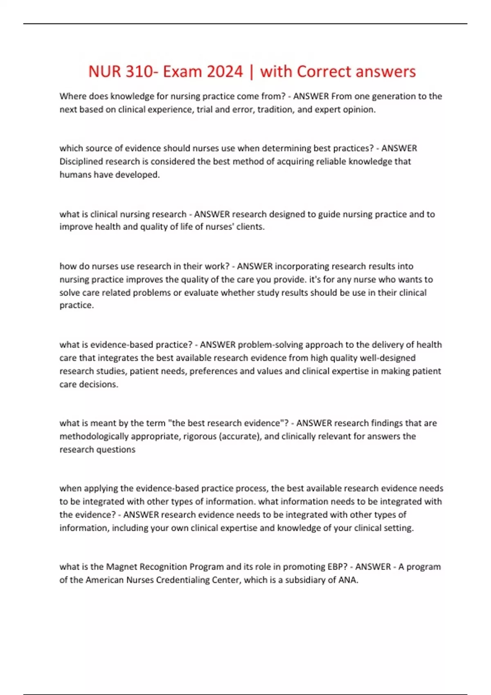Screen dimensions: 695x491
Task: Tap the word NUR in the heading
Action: (104, 72)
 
